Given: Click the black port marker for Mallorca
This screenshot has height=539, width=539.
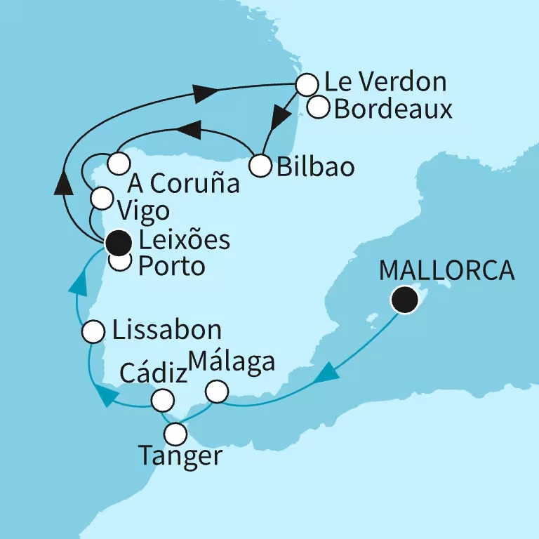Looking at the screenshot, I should coord(405,300).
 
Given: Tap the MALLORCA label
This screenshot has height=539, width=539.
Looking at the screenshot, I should coord(446,270).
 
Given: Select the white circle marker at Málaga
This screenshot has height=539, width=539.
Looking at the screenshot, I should coord(218,392).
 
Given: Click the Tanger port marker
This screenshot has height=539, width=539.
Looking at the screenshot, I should coord(175,432).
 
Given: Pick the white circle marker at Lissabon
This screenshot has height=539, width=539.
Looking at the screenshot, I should coord(93,332).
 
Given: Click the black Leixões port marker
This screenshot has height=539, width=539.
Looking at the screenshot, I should coord(118,243).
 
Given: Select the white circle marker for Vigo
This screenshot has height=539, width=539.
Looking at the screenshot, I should coord(102,199).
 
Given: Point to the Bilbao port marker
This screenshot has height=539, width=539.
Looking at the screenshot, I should coord(260,166).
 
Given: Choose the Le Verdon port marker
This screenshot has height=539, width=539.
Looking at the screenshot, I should coord(306,85).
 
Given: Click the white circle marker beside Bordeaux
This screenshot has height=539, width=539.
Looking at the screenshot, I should coord(319,109).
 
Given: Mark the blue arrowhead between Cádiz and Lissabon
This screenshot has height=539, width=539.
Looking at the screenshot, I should coord(107,397).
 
